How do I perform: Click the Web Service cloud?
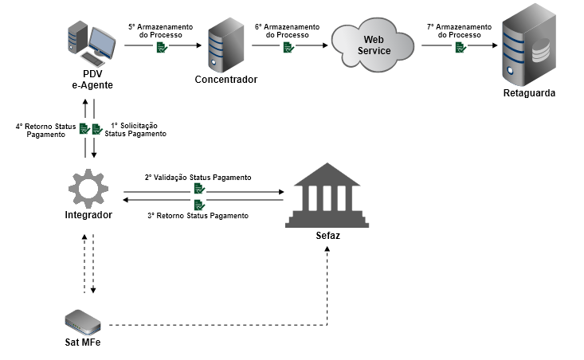[375, 45]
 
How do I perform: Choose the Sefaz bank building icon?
[327, 195]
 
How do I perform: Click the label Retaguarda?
[529, 93]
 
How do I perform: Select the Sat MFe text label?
[83, 343]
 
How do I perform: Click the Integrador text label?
[88, 215]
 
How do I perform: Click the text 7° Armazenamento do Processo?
[460, 31]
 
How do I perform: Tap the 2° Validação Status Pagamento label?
[198, 177]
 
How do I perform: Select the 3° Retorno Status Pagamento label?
[198, 216]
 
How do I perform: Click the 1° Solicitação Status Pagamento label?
[135, 130]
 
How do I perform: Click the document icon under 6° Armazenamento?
[288, 48]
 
